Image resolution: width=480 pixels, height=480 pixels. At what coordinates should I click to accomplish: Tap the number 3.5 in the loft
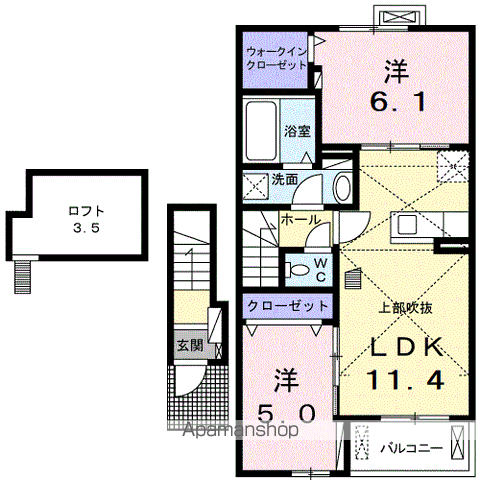click(x=85, y=227)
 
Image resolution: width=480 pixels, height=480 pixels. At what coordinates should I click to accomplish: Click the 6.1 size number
click(x=392, y=99)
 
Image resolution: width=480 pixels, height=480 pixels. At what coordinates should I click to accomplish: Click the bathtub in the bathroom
click(x=261, y=130)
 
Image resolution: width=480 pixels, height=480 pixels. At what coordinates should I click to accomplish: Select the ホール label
click(x=300, y=219)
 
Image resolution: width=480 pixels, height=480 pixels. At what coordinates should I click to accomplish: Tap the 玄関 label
click(x=189, y=346)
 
